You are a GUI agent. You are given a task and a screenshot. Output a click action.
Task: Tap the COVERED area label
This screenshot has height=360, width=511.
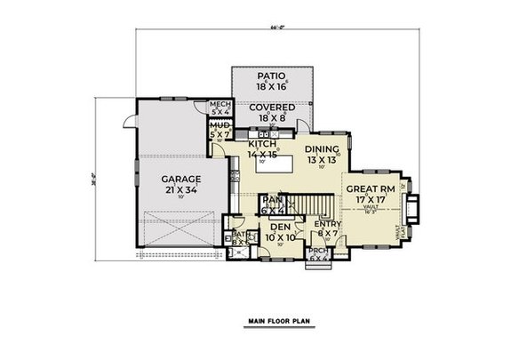pyautogui.click(x=272, y=107)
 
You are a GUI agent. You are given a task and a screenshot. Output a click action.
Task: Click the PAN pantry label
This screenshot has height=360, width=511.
pyautogui.click(x=272, y=202)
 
